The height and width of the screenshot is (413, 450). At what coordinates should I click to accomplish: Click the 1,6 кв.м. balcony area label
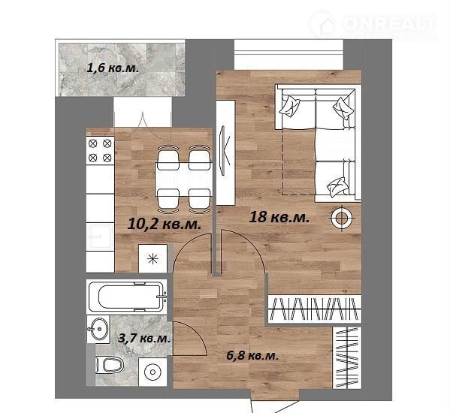point(113,68)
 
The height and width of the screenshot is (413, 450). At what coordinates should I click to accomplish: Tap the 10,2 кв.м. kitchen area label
point(164,224)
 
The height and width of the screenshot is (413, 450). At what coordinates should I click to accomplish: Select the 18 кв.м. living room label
point(279,217)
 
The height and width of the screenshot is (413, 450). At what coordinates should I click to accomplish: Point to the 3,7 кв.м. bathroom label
point(144,339)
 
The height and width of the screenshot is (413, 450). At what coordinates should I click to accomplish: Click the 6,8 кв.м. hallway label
point(252,356)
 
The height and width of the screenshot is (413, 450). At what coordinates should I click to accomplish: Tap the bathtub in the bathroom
point(127,297)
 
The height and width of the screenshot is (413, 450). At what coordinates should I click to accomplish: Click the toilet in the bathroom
point(109,365)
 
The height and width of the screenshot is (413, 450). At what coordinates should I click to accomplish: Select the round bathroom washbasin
point(98,329)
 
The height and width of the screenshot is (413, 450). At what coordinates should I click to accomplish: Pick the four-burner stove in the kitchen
point(100,150)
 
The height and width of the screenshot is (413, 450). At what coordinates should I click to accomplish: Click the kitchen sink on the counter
point(100,237)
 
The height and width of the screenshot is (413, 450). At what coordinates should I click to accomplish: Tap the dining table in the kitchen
point(183,179)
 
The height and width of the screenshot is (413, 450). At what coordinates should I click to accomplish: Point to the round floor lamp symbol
point(341,219)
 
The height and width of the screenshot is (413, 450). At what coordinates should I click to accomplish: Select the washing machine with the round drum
point(153,372)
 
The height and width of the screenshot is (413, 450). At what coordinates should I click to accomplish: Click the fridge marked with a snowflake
point(153,259)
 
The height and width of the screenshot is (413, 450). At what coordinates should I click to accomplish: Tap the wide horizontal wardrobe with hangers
point(315,309)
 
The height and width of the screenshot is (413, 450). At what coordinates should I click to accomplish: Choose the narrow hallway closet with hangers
point(347,357)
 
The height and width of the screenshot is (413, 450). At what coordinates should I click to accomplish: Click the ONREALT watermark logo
point(373,24)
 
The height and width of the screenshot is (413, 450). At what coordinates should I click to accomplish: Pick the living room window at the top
point(288,55)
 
